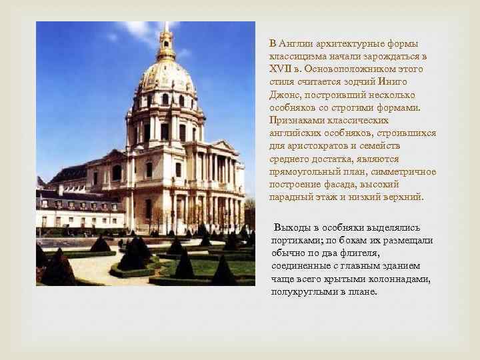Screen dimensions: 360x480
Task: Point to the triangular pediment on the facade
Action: click(x=224, y=146)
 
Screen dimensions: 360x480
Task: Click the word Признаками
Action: click(x=298, y=121)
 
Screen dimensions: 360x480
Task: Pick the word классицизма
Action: click(x=298, y=57)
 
